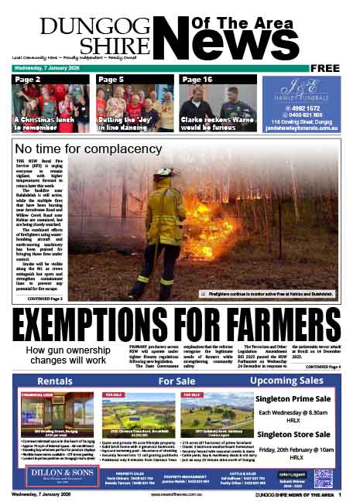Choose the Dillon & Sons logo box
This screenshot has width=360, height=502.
click(49, 476)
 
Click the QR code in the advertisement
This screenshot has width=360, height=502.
click(324, 477)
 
